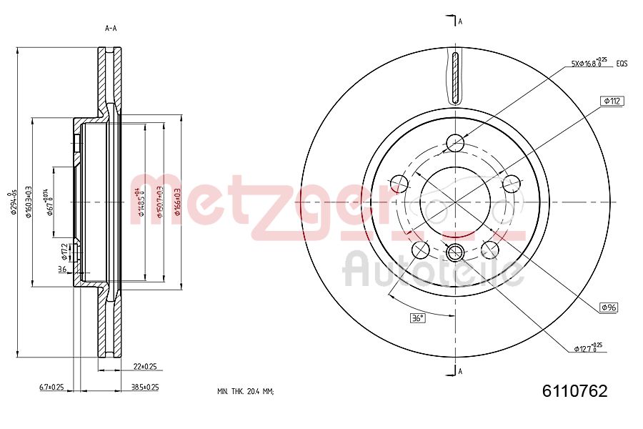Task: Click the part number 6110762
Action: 574,391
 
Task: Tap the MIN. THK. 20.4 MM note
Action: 245,392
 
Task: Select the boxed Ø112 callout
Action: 613,102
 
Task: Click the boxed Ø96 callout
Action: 609,307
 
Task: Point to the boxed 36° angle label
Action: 417,317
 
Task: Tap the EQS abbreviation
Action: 622,64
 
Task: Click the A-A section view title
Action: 111,29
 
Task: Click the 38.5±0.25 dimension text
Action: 144,387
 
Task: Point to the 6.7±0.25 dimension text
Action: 51,387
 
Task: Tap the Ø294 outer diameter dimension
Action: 10,202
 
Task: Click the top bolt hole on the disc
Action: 455,144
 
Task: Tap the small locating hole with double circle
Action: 455,252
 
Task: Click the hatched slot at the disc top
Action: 455,77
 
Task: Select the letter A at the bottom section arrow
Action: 460,370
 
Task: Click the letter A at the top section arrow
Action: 460,21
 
